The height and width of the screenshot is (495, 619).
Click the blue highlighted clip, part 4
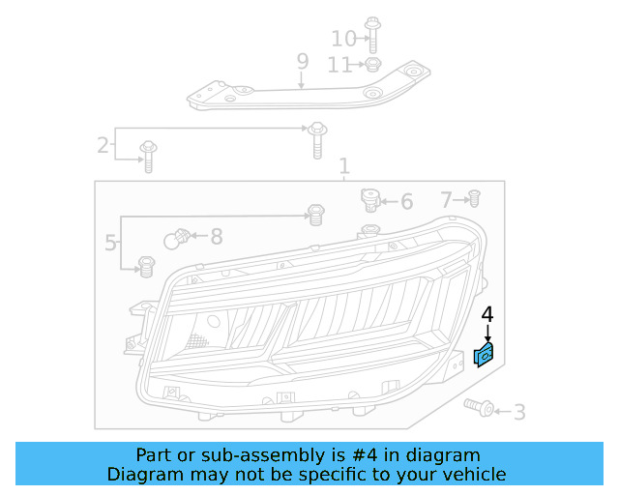pos(484,355)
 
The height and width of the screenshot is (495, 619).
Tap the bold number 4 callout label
pos(487,314)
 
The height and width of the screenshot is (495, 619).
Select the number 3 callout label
pos(519,413)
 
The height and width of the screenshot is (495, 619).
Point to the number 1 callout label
pos(343,167)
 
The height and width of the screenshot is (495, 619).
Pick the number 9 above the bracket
pos(302,63)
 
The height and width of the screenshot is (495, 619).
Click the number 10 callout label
pos(343,39)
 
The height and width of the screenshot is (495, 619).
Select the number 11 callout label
pos(339,65)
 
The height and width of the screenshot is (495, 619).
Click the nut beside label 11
pos(371,65)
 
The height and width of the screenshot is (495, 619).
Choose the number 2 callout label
pos(103,146)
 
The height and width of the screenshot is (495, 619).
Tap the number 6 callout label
pos(406,202)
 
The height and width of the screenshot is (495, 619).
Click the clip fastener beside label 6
pos(369,200)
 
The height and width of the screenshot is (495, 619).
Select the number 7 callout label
pos(446,200)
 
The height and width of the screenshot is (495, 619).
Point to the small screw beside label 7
pos(474,199)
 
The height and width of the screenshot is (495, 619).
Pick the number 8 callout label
pos(216,236)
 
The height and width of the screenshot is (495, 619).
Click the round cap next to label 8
pos(178,237)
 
